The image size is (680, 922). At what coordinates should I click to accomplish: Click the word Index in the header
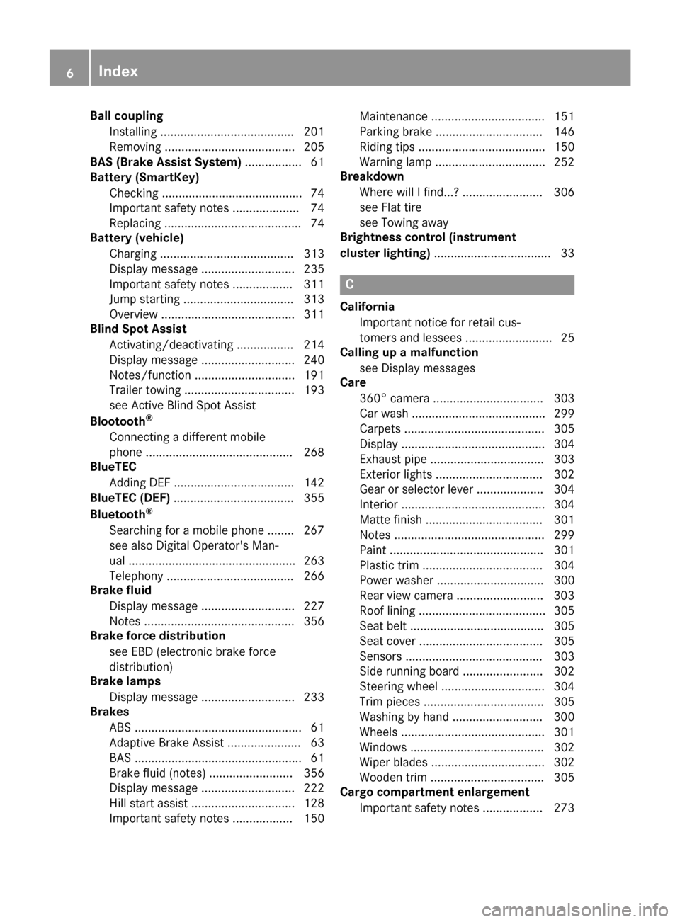coord(118,71)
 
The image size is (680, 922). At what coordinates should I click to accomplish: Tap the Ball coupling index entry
coord(126,115)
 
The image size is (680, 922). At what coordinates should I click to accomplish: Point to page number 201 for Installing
coord(314,132)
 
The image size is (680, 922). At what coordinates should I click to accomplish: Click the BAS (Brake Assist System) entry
coord(166,162)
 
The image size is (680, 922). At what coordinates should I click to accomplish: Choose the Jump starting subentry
coord(144,299)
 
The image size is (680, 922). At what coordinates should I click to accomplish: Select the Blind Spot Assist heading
coord(138,329)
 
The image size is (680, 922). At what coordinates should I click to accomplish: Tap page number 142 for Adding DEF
coord(314,483)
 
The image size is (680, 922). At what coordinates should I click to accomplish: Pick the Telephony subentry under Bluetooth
coord(136,576)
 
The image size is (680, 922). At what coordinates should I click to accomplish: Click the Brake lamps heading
coord(125,681)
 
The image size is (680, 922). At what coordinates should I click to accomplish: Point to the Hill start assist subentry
coord(149,803)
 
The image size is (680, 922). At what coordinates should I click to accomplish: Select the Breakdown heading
coord(372,176)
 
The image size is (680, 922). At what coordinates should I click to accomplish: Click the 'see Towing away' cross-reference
coord(404,222)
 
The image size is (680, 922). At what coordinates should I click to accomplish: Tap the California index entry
coord(367,307)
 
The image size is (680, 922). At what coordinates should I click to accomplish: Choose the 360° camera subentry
coord(395,398)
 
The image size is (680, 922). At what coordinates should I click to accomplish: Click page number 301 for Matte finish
coord(564,520)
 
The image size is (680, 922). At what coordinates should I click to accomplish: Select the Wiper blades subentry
coord(393,762)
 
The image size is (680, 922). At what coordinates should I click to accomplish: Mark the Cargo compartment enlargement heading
coord(434,792)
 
